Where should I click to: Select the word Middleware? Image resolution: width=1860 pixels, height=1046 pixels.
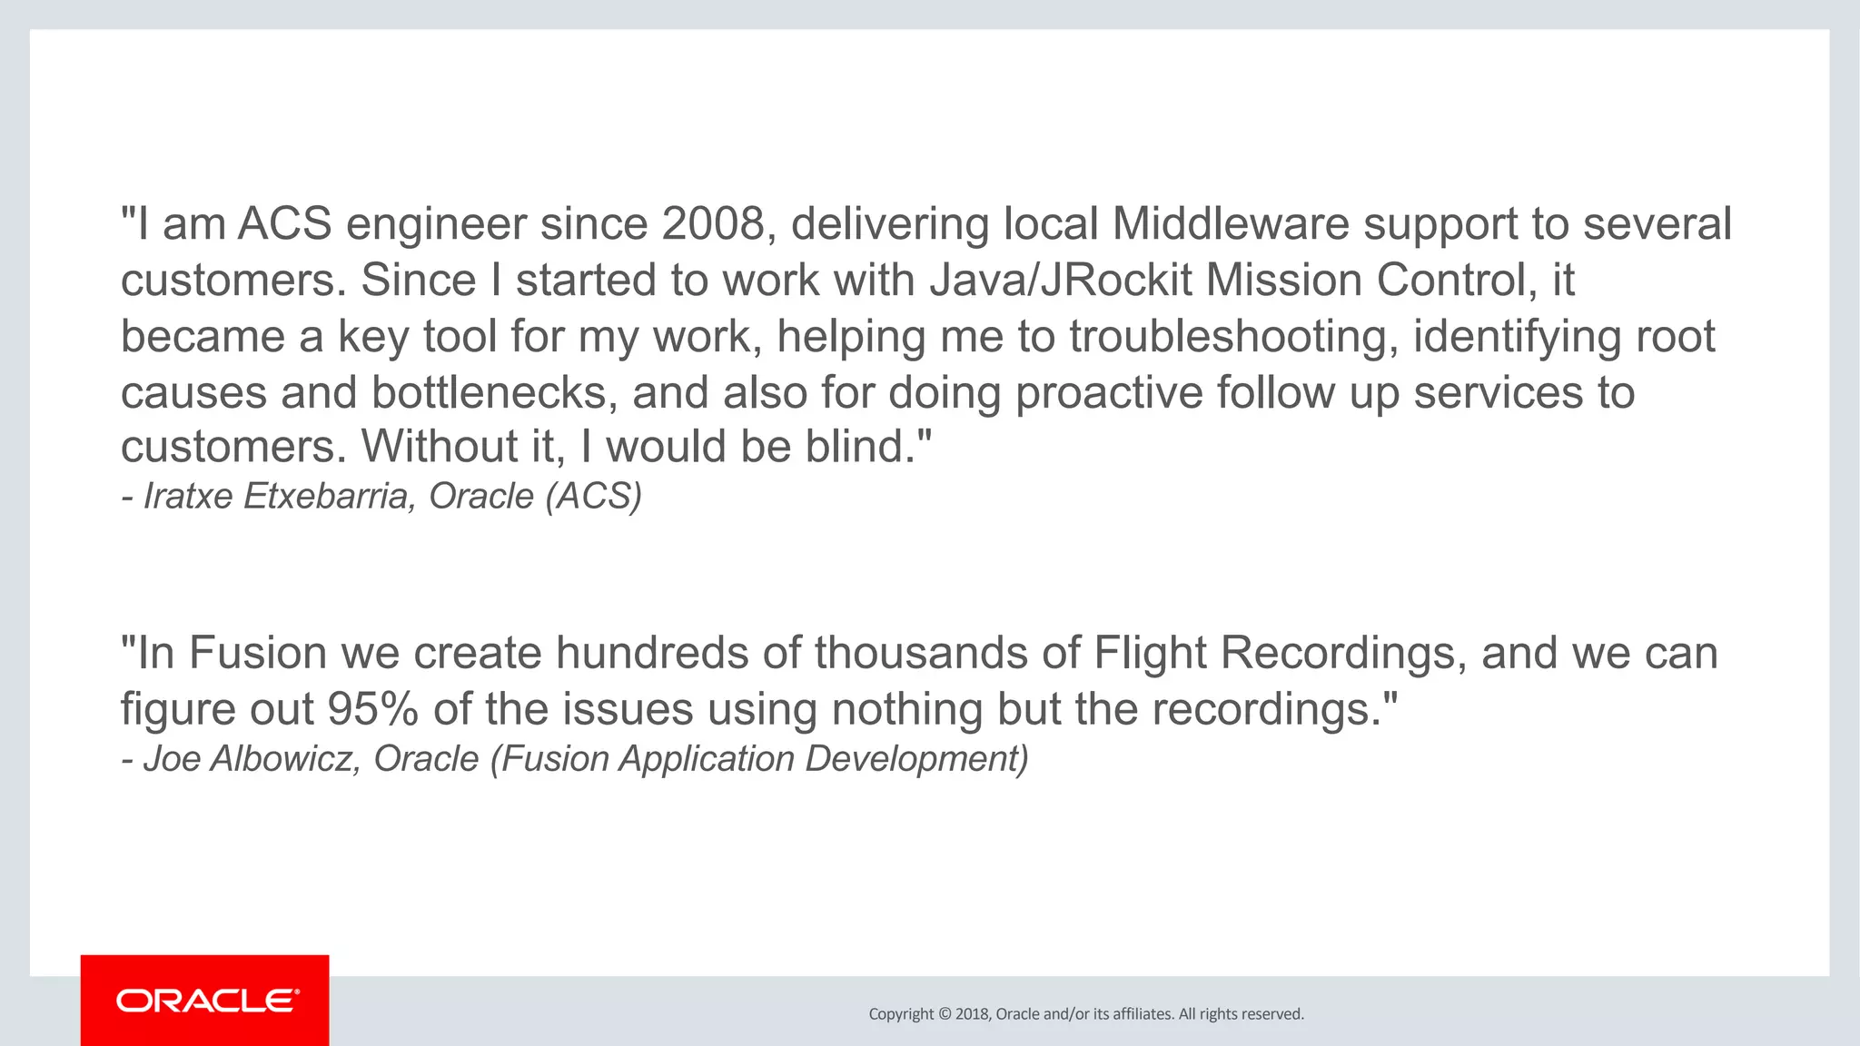1231,224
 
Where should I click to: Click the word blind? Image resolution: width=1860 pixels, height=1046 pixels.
860,447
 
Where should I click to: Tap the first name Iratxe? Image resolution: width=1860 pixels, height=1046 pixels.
188,497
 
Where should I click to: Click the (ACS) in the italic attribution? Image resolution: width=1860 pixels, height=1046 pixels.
594,497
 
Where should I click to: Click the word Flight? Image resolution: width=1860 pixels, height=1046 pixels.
1150,654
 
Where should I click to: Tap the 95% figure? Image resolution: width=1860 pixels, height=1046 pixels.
373,710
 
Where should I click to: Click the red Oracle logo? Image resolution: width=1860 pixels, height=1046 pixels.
205,1001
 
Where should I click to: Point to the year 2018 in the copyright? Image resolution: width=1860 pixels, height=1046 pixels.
972,1014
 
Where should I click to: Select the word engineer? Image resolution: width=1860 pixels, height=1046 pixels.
436,224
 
